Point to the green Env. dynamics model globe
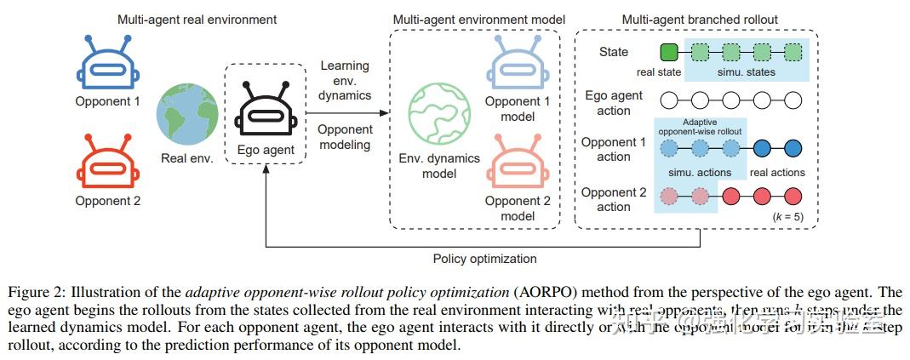439,117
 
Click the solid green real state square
669,53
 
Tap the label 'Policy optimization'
484,259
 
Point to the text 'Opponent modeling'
346,137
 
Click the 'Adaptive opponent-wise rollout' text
700,127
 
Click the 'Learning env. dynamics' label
346,81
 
